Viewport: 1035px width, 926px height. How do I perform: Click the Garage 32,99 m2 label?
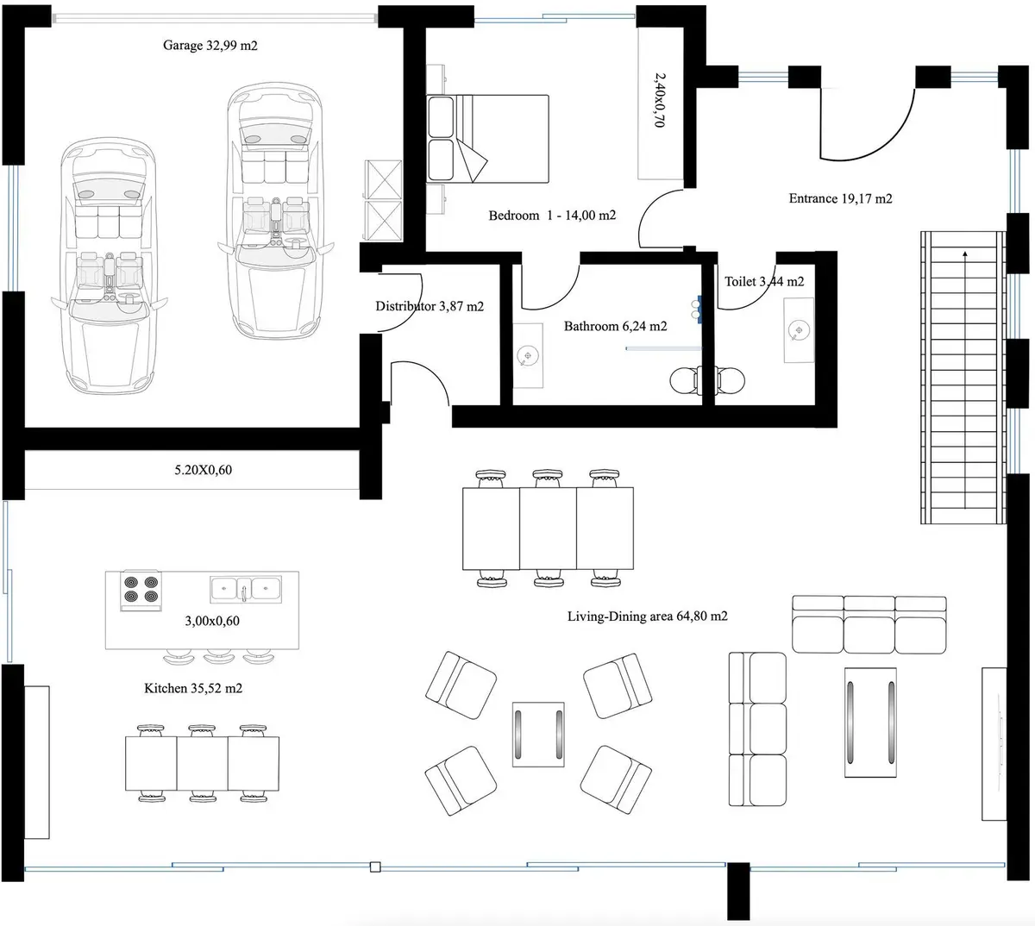coord(210,46)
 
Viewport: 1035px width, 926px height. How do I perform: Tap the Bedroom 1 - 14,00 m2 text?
coord(552,216)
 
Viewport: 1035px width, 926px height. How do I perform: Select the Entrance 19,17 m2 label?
coord(840,198)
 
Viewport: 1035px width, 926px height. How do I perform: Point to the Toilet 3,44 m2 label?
coord(764,281)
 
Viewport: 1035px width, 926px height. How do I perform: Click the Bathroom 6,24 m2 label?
coord(615,327)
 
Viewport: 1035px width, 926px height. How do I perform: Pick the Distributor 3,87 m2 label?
coord(430,306)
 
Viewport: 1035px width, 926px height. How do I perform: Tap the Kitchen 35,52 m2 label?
coord(193,689)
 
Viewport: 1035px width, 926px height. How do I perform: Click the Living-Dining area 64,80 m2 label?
coord(647,616)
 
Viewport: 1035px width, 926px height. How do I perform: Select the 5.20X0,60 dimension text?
coord(203,470)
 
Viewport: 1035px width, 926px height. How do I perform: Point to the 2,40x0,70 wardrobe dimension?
coord(660,100)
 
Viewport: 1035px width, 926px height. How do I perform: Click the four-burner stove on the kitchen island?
coord(141,590)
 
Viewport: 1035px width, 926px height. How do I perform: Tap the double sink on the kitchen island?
coord(245,590)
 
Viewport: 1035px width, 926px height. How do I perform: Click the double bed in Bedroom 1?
coord(487,139)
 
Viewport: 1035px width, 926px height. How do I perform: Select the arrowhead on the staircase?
coord(964,253)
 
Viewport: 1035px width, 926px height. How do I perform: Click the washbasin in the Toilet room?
coord(799,330)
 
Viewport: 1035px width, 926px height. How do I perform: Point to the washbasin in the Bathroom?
coord(528,355)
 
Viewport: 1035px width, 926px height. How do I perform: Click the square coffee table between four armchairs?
coord(538,734)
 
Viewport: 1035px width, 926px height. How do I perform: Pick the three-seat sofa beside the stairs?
coord(869,624)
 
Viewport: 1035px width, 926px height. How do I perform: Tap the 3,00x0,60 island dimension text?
coord(212,621)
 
